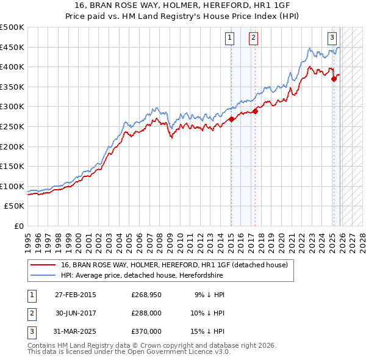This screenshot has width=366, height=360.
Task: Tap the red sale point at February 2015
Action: (231, 120)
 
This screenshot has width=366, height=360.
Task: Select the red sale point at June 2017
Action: (255, 111)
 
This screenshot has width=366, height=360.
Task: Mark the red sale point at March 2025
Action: (334, 79)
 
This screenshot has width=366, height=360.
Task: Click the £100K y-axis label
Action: (12, 186)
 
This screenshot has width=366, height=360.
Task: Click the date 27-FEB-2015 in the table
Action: (75, 295)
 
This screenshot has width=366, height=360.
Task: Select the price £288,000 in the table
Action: (146, 313)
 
